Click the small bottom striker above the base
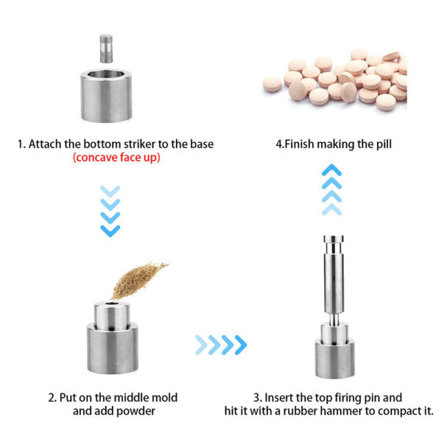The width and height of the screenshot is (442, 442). [106, 49]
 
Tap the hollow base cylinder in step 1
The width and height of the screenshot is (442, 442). [106, 96]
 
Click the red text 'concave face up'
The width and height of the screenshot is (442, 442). [116, 158]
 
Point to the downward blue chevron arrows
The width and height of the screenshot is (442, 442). [110, 211]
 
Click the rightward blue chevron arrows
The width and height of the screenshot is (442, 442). [221, 345]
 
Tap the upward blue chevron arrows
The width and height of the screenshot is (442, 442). [331, 190]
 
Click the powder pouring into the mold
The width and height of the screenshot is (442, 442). [138, 280]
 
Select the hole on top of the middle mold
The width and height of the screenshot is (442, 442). [112, 304]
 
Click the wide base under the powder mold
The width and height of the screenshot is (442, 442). [113, 348]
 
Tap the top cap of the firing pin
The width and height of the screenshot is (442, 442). [334, 239]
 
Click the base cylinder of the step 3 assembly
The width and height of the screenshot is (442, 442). [334, 359]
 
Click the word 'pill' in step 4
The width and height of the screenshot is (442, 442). [385, 144]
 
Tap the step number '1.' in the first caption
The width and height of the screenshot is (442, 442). [21, 144]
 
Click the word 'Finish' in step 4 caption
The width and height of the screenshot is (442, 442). [299, 144]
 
